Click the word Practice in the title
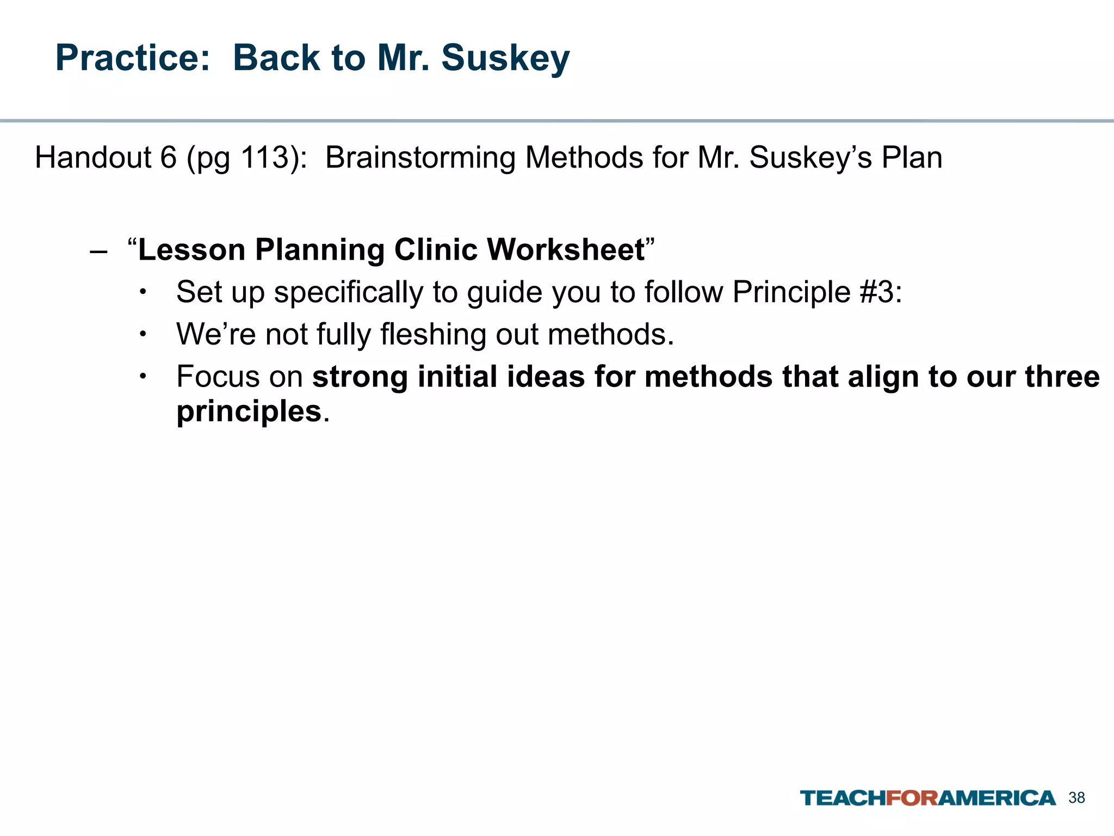coord(132,58)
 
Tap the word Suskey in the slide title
coord(505,58)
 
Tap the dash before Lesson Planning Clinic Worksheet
coord(98,251)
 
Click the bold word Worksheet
coord(565,250)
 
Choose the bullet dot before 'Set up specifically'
coord(143,292)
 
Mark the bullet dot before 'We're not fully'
coord(143,334)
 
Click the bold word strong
coord(360,377)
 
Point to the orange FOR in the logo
coord(912,798)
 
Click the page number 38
coord(1076,798)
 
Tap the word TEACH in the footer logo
coord(843,798)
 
